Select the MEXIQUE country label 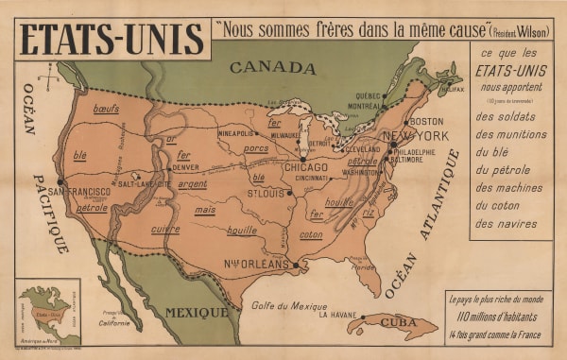[x=197, y=311]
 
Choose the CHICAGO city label [x=305, y=167]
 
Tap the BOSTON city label [x=425, y=122]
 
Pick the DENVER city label [x=186, y=167]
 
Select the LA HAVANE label [x=338, y=315]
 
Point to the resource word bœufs [x=106, y=110]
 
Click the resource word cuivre [x=165, y=229]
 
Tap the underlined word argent [x=193, y=184]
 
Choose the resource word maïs [x=205, y=210]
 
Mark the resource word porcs [x=256, y=148]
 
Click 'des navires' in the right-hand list [x=507, y=224]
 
